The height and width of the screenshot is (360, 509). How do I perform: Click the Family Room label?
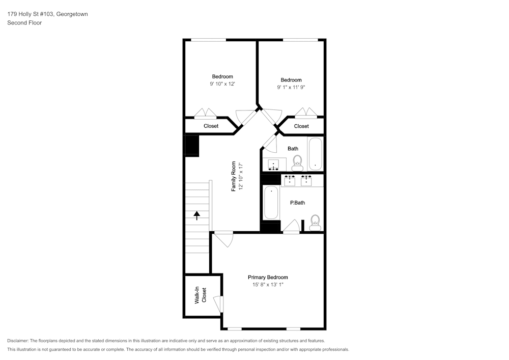(234, 176)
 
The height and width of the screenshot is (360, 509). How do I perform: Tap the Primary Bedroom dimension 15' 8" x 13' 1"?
(268, 285)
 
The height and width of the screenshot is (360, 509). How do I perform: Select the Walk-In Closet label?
(200, 295)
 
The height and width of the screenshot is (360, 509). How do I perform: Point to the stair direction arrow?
(196, 215)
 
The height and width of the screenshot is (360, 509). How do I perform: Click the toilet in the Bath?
(297, 163)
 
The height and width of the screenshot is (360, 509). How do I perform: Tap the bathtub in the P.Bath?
(271, 203)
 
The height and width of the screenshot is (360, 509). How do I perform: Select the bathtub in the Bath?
(315, 154)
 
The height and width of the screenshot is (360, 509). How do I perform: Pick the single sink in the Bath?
(274, 164)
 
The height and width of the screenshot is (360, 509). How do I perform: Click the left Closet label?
(211, 126)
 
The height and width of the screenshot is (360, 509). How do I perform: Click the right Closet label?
(301, 126)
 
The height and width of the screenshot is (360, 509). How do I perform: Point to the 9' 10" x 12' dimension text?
(222, 84)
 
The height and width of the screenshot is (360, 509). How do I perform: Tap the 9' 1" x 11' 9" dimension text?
(291, 87)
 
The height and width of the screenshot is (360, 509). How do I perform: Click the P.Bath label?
(297, 203)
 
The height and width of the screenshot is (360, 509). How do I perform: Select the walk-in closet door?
(218, 304)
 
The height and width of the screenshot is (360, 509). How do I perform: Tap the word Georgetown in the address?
(72, 14)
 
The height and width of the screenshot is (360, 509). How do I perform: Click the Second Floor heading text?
(24, 23)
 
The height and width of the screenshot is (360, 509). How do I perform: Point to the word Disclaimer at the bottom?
(17, 341)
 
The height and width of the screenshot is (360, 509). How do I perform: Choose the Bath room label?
(293, 148)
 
